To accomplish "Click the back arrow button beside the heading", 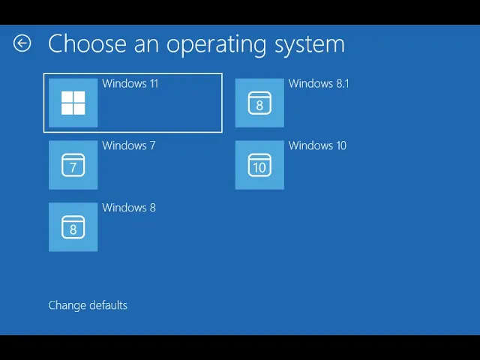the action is tap(22, 43).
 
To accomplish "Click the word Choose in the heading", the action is tap(86, 43).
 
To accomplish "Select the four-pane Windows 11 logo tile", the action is tap(73, 103).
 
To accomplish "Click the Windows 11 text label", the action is tap(130, 83).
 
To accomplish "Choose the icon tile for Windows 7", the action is tap(73, 165).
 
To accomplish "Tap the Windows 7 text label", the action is tap(128, 145).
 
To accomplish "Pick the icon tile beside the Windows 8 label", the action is tap(73, 227).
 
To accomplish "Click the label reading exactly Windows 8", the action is tap(128, 208).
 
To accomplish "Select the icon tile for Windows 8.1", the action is tap(259, 103).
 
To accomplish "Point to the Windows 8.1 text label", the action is tap(319, 83).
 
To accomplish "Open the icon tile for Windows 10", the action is tap(259, 165).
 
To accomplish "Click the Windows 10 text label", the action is tap(317, 145).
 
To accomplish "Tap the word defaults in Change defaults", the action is tap(108, 305).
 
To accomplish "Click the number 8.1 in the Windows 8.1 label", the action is tap(341, 83).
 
